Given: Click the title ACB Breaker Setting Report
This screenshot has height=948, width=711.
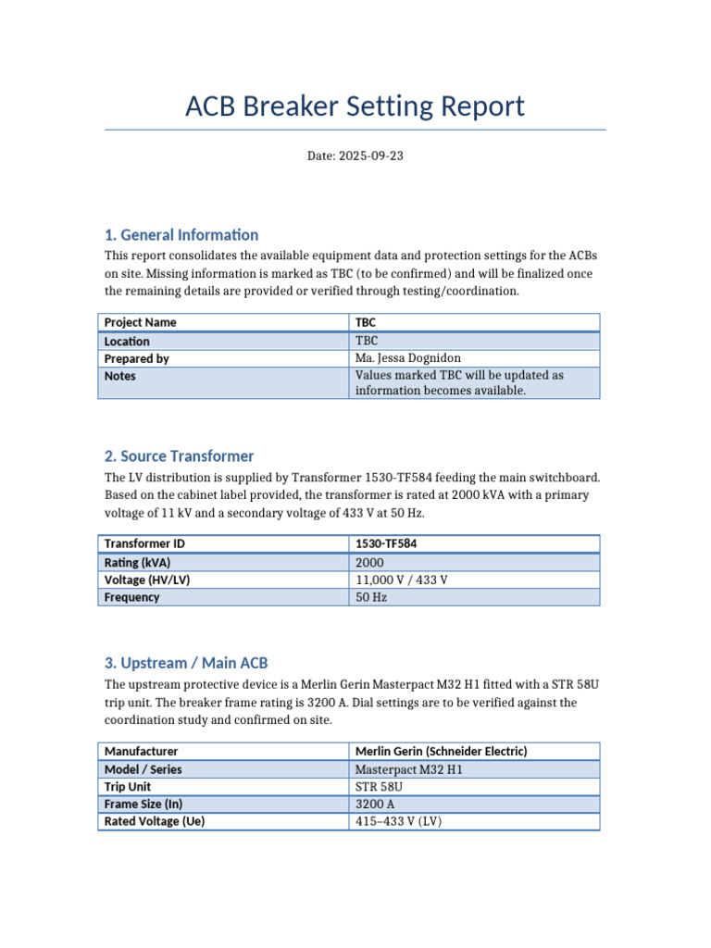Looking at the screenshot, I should coord(355,106).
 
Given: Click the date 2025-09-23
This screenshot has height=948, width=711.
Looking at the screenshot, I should coord(355,156).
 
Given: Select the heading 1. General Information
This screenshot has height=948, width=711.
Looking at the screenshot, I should coord(181,235).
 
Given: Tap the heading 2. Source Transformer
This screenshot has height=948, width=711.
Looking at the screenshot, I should coord(179,456).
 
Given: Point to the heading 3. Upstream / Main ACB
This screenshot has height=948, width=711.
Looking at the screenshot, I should coord(186,663).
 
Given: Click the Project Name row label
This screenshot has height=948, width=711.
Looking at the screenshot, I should coord(140,322).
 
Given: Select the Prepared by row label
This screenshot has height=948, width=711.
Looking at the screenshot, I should coord(136,358).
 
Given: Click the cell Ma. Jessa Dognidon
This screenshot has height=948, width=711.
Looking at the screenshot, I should coord(407,358).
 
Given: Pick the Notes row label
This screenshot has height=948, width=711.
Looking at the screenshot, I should coord(120,376).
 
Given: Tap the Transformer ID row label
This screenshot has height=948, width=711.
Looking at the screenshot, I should coord(144,543).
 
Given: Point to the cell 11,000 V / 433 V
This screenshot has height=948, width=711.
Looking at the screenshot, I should coord(402,580).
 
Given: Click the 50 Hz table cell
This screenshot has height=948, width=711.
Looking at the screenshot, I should coord(371,597).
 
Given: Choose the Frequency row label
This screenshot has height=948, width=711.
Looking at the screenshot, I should coord(131,597).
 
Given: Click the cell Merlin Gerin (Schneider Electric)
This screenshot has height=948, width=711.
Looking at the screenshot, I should coord(442,751).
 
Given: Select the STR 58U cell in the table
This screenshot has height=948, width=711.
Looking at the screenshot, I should coord(379,787).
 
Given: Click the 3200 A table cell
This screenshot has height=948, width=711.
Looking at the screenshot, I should coord(376,805).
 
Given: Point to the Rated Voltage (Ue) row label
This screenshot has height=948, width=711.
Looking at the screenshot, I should coord(154,822).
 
